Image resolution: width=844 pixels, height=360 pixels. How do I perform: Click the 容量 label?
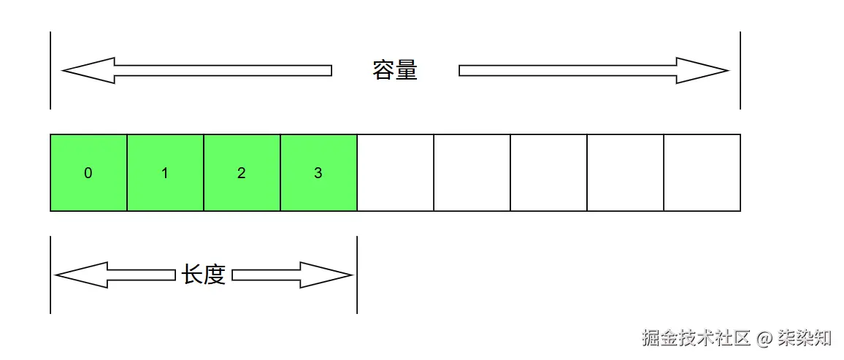pyautogui.click(x=395, y=71)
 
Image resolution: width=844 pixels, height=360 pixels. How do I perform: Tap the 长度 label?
pyautogui.click(x=204, y=275)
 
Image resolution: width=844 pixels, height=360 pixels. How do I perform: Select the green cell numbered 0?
pyautogui.click(x=88, y=173)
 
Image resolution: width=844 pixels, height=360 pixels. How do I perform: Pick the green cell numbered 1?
pyautogui.click(x=165, y=173)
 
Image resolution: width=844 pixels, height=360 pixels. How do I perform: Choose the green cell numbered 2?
pyautogui.click(x=242, y=173)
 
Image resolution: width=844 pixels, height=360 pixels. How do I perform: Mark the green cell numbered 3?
pyautogui.click(x=318, y=173)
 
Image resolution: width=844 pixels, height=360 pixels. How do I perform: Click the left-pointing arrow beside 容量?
pyautogui.click(x=197, y=71)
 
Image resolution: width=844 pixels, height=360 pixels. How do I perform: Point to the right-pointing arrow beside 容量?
pyautogui.click(x=593, y=71)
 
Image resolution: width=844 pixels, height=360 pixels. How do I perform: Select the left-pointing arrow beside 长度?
pyautogui.click(x=115, y=275)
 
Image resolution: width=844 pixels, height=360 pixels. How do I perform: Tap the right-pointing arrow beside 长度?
pyautogui.click(x=292, y=275)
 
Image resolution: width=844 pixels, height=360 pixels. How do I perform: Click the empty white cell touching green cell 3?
pyautogui.click(x=395, y=173)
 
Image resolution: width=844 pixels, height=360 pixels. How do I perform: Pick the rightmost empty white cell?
pyautogui.click(x=702, y=173)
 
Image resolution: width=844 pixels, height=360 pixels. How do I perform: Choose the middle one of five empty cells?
pyautogui.click(x=548, y=173)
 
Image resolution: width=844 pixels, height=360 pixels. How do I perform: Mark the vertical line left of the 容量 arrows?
pyautogui.click(x=50, y=71)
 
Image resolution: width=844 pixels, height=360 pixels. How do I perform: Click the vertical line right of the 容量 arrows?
pyautogui.click(x=740, y=71)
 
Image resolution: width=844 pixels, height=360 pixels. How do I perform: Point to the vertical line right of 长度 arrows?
pyautogui.click(x=357, y=275)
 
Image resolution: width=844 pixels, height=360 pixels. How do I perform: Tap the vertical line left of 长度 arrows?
pyautogui.click(x=50, y=275)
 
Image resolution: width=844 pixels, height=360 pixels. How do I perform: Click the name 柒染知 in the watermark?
pyautogui.click(x=806, y=338)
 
